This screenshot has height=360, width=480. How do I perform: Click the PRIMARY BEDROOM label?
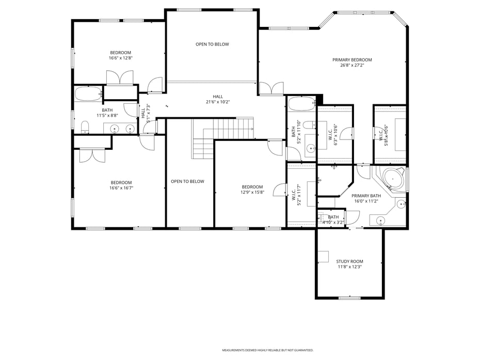pyautogui.click(x=351, y=60)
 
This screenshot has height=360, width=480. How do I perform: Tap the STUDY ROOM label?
pyautogui.click(x=349, y=261)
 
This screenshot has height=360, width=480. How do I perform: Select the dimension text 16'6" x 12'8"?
pyautogui.click(x=120, y=58)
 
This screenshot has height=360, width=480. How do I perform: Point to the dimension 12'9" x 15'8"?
pyautogui.click(x=252, y=192)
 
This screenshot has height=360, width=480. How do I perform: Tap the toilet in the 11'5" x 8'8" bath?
pyautogui.click(x=85, y=127)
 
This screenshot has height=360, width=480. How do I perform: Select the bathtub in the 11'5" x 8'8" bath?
pyautogui.click(x=88, y=94)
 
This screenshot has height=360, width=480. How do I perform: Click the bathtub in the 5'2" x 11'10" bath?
pyautogui.click(x=300, y=104)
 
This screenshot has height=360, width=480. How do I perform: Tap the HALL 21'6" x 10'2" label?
pyautogui.click(x=218, y=99)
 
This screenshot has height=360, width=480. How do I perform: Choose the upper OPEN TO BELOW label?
pyautogui.click(x=212, y=44)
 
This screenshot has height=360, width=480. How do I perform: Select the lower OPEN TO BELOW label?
pyautogui.click(x=187, y=181)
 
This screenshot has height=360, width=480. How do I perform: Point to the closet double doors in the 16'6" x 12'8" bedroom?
pyautogui.click(x=120, y=78)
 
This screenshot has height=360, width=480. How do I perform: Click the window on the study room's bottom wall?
pyautogui.click(x=349, y=298)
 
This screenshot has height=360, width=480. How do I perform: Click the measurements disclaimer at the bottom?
pyautogui.click(x=267, y=350)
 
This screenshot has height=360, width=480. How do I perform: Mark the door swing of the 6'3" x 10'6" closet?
pyautogui.click(x=345, y=133)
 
